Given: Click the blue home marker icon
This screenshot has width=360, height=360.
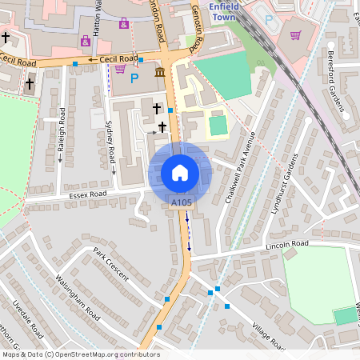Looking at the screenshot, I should [180, 173].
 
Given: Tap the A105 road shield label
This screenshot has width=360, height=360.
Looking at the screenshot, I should [182, 204].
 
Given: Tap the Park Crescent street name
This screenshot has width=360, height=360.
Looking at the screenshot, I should [110, 262].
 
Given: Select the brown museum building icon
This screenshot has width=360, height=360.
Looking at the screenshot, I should [160, 74].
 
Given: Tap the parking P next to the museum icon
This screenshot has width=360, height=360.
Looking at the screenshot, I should [134, 78].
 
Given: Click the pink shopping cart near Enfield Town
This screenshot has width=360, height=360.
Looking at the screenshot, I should [295, 35].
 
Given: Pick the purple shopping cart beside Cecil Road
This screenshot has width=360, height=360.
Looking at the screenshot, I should [119, 70].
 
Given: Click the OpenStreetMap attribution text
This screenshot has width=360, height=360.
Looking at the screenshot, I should [81, 354].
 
